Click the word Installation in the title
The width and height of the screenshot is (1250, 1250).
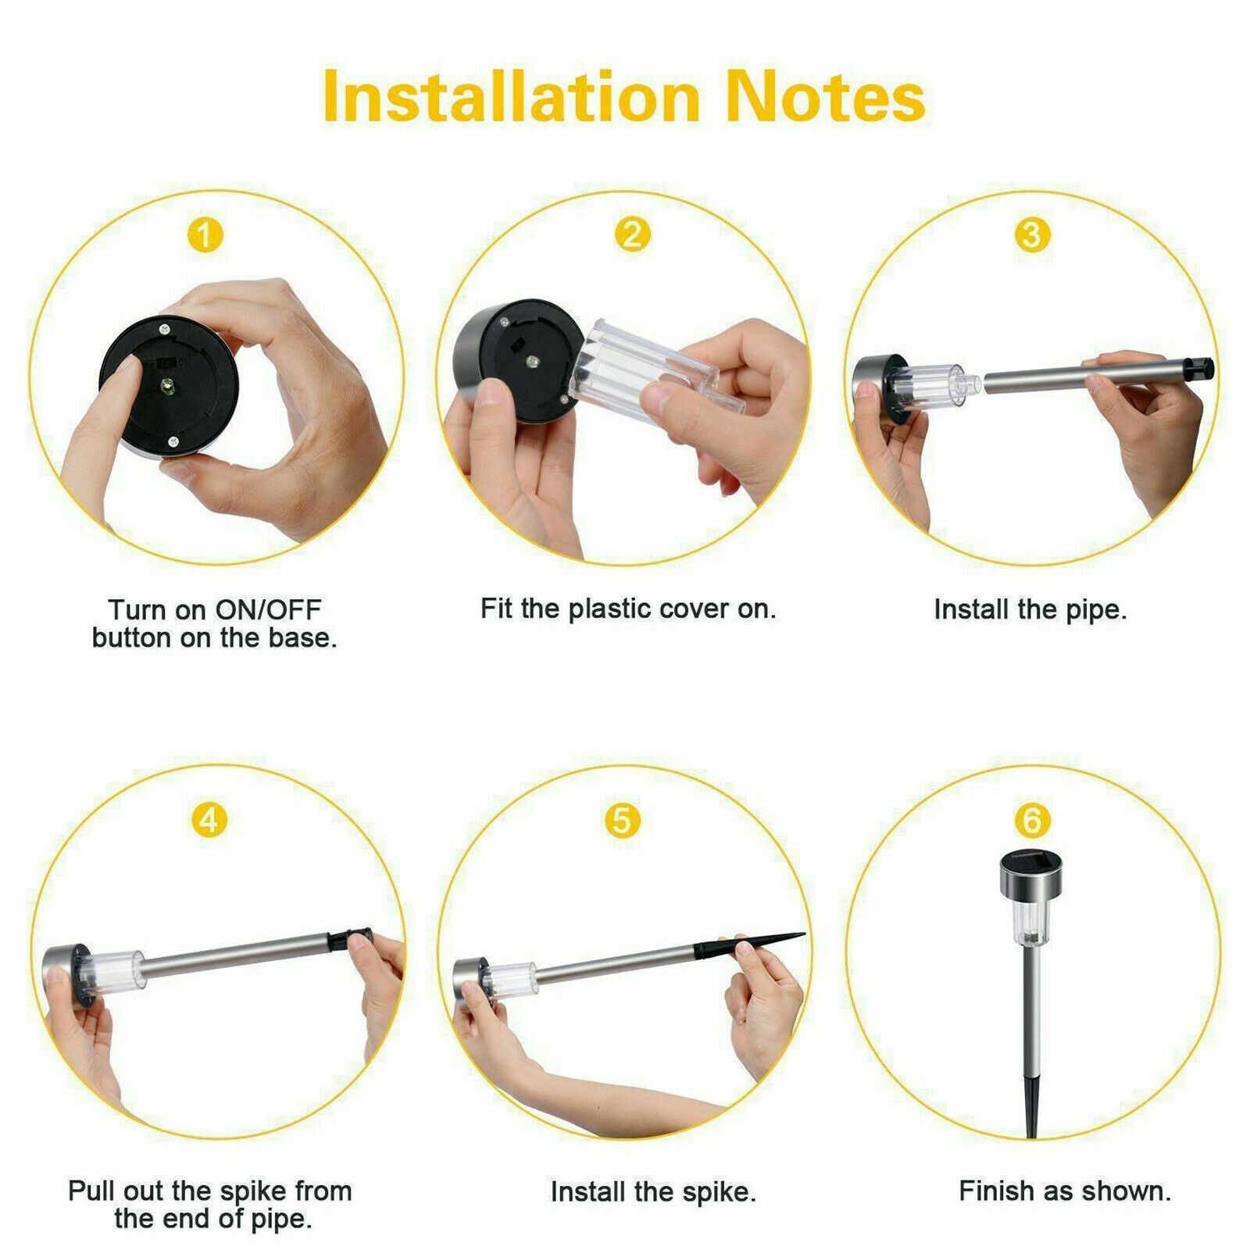pos(512,96)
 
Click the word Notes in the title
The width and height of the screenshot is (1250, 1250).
pos(826,96)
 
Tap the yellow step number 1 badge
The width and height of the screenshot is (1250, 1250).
pos(205,234)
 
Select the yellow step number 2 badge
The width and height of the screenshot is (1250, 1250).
pos(632,234)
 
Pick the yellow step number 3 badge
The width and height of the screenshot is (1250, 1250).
pos(1031,234)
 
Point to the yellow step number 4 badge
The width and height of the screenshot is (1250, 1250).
pos(209,820)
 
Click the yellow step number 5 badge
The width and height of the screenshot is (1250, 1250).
pos(623,820)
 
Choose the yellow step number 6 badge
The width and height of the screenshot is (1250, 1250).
pos(1032,820)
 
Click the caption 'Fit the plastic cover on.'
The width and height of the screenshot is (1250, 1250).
pos(628,609)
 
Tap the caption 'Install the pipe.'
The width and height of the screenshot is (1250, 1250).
pos(1030,609)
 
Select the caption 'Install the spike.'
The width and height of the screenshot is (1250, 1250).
pos(653,1192)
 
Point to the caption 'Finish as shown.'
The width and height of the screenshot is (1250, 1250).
pos(1065,1191)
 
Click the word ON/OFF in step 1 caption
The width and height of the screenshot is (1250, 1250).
pos(269,609)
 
